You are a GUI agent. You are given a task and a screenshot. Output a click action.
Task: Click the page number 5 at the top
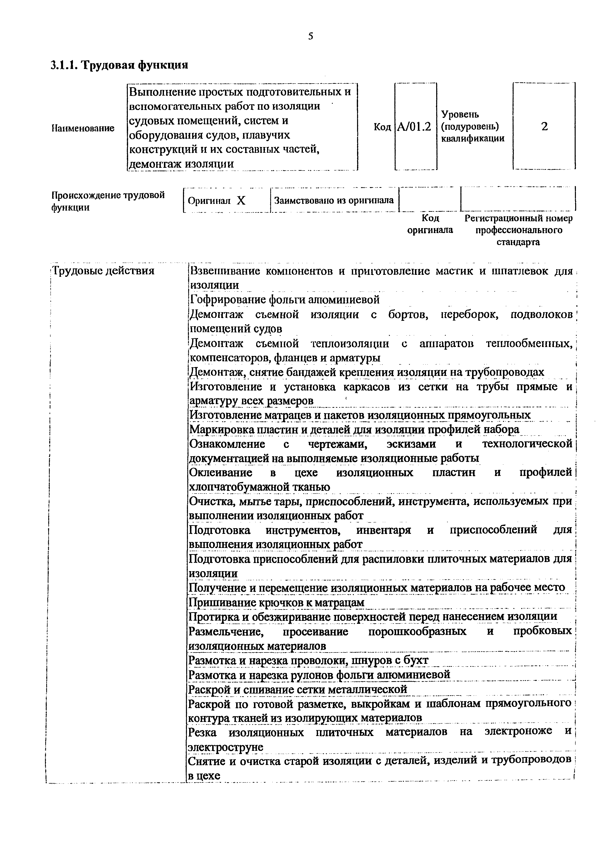[x=311, y=36]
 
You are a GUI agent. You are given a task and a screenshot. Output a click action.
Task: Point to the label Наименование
[x=83, y=128]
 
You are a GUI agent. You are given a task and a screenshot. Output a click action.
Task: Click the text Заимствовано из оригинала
[x=334, y=200]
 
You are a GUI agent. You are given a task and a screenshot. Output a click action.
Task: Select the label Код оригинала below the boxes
[x=430, y=224]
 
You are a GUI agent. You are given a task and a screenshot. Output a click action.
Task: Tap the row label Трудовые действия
[x=103, y=271]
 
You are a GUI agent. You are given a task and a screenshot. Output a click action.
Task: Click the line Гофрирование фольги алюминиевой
[x=284, y=300]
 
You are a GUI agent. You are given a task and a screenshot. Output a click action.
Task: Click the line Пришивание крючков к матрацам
[x=276, y=602]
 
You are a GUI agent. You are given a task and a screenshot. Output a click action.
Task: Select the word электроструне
[x=226, y=747]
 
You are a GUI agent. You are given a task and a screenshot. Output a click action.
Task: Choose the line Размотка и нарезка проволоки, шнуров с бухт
[x=308, y=660]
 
